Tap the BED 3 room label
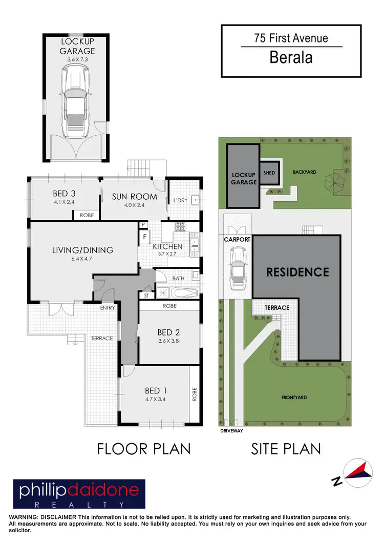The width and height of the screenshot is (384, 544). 65,194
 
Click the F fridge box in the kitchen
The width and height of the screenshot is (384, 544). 145,237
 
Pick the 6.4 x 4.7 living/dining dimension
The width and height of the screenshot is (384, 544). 82,259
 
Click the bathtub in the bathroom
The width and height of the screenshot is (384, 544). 183,294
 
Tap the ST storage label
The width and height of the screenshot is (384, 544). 146,296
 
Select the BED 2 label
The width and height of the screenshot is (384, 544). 168,333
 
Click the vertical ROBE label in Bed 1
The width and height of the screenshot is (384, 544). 195,393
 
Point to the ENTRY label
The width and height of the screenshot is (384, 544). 107,308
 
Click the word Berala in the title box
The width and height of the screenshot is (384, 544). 291,58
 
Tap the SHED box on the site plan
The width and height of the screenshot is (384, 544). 269,173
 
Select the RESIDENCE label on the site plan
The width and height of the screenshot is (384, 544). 297,272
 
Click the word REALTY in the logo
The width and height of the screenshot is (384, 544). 79,505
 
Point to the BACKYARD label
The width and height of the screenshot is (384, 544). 306,173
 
